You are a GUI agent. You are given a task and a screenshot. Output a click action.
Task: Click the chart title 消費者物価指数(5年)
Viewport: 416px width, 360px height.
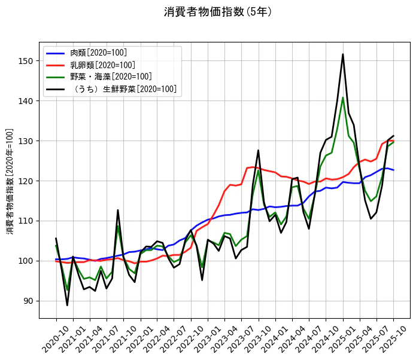213,12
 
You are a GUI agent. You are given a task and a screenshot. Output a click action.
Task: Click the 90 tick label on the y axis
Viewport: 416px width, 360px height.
29,301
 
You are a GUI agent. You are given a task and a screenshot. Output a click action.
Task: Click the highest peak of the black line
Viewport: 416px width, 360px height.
343,54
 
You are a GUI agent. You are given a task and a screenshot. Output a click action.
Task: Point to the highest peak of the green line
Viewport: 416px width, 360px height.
343,97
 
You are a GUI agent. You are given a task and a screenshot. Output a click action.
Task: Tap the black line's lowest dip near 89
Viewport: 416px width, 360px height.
67,305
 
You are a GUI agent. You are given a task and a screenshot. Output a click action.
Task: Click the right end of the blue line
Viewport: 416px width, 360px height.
393,170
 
